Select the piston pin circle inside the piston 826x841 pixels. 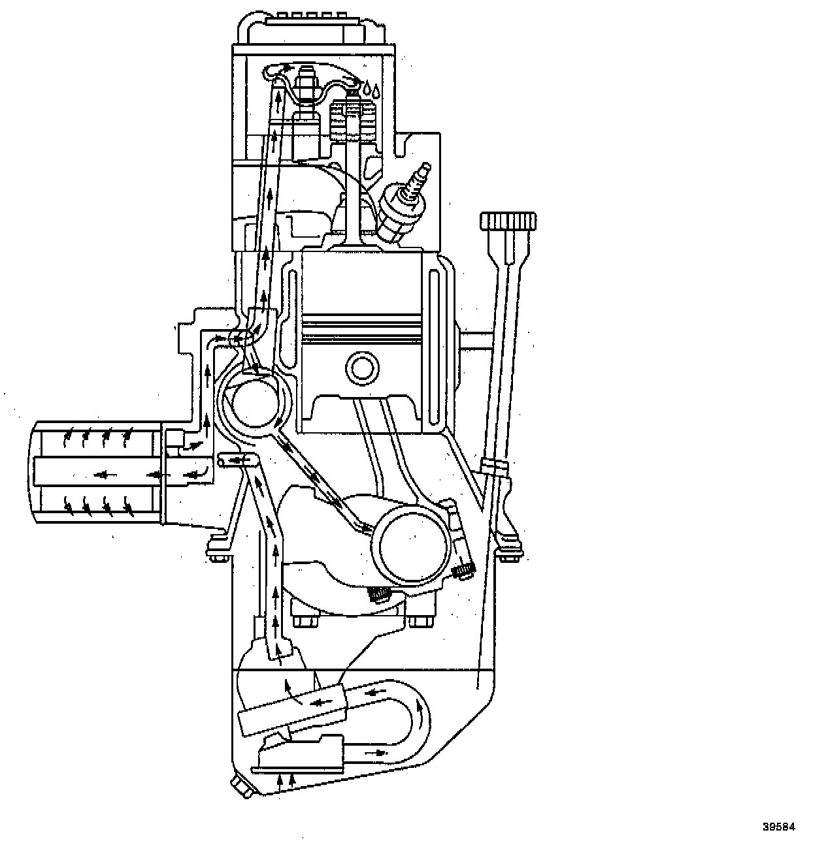[x=361, y=368]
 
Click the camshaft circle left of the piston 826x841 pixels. [x=254, y=401]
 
